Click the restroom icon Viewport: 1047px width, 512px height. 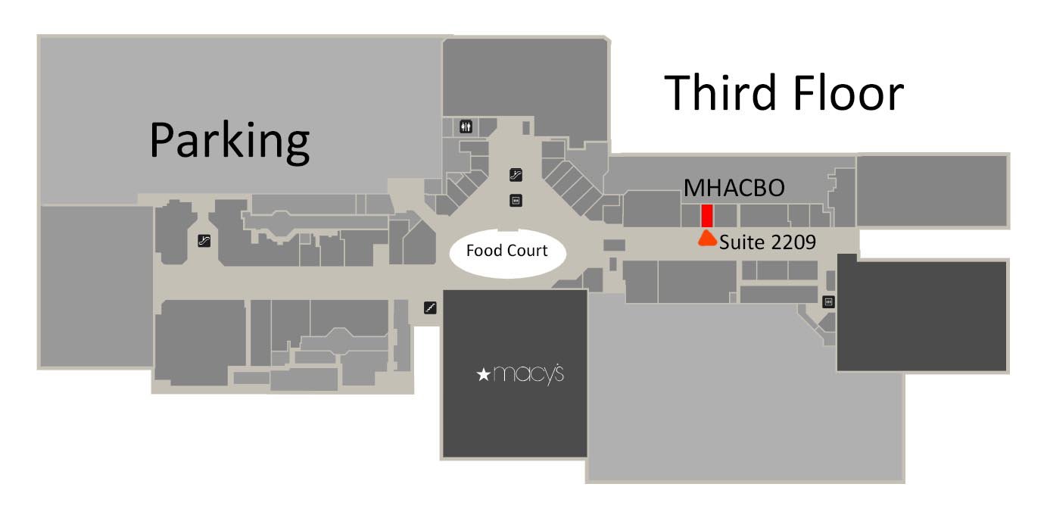(466, 126)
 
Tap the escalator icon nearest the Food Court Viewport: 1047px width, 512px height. (516, 175)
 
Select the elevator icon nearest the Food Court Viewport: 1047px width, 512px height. (516, 201)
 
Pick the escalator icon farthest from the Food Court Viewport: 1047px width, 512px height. (204, 241)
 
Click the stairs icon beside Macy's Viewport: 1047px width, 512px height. (430, 308)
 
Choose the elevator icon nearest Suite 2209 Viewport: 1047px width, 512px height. (828, 301)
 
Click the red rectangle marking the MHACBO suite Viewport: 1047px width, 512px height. (707, 216)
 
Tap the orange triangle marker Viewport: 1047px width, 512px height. (707, 238)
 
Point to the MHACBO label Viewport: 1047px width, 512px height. (734, 188)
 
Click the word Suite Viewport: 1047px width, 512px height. (742, 242)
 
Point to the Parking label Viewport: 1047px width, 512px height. (229, 141)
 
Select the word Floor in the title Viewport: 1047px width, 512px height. (849, 92)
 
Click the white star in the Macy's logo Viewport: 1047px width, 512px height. (483, 374)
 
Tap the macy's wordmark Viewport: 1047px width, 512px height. (528, 374)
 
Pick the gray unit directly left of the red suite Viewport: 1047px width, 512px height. (691, 216)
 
